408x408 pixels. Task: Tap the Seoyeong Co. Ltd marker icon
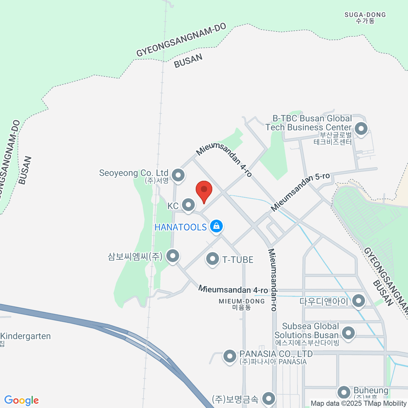point(178,175)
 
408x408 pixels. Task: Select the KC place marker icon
point(188,205)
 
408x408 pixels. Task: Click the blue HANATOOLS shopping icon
point(216,226)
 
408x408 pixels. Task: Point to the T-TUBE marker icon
point(213,259)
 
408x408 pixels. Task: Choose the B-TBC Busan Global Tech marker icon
point(361,129)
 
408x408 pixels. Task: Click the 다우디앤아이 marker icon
point(358,301)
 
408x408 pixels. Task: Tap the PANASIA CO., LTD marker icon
point(230,356)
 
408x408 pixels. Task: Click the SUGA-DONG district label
point(365,18)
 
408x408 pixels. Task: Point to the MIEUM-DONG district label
point(242,304)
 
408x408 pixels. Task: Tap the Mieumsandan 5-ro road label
point(300,191)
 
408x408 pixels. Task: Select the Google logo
point(21,401)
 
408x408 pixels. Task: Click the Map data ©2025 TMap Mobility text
point(358,404)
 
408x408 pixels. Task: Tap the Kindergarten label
point(26,336)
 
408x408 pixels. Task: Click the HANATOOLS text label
point(181,227)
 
